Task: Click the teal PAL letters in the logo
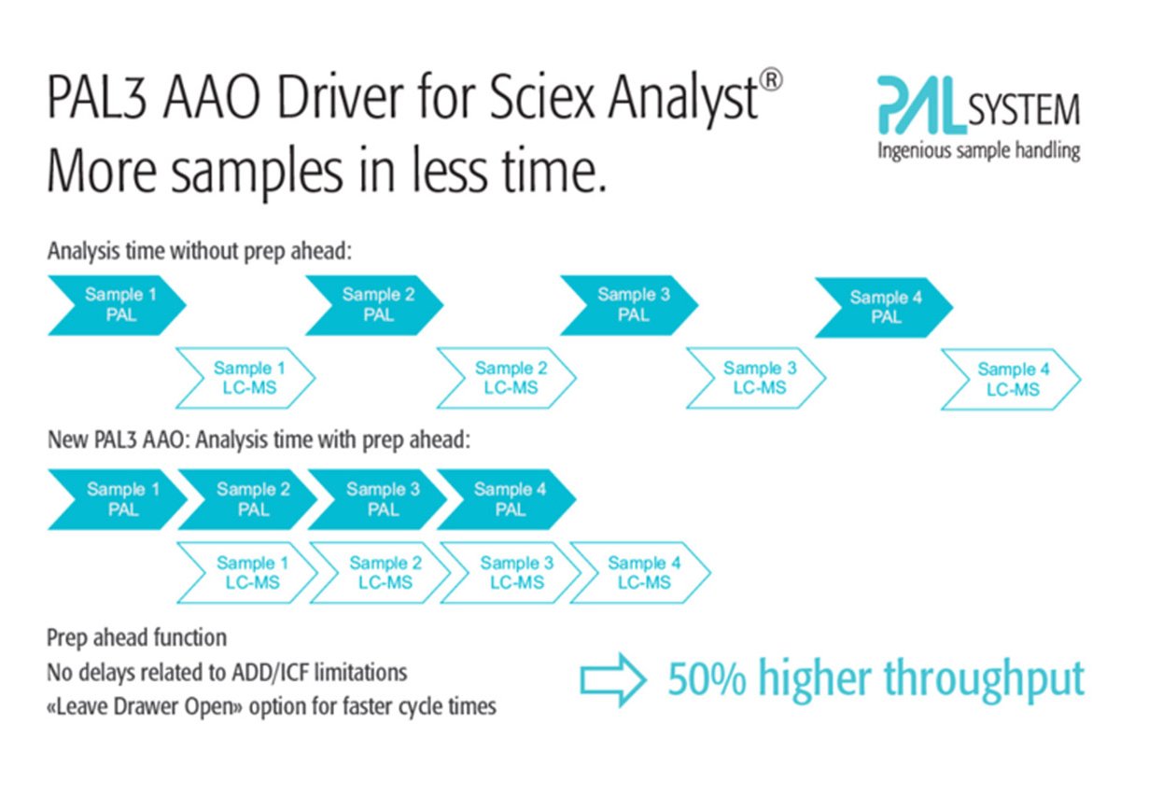[922, 105]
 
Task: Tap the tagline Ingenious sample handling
[979, 151]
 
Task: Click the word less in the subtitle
[450, 171]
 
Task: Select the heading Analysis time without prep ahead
[200, 252]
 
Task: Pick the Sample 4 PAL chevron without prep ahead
[884, 308]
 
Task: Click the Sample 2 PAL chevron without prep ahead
[374, 305]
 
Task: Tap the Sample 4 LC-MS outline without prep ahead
[1011, 380]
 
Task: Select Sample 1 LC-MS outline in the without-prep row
[245, 378]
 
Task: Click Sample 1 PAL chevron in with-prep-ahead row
[118, 499]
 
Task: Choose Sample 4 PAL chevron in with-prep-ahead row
[506, 499]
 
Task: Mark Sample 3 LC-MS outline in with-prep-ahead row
[511, 573]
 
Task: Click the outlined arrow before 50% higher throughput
[613, 680]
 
